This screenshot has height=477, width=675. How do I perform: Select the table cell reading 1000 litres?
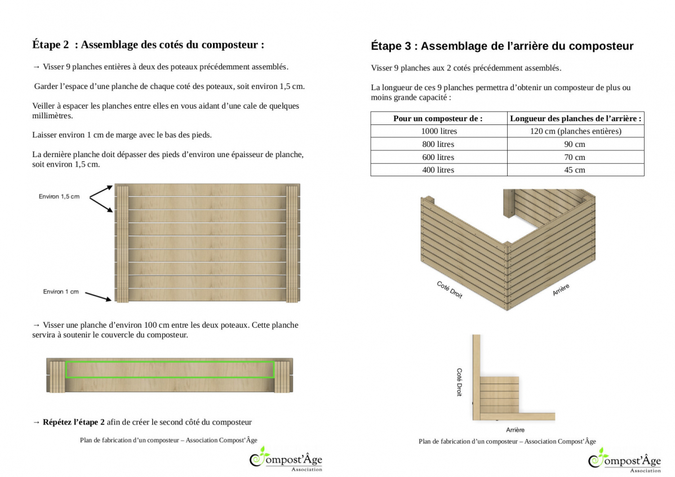point(439,131)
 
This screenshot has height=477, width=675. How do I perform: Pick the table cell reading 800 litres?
point(439,144)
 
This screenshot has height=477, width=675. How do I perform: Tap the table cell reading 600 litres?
point(439,157)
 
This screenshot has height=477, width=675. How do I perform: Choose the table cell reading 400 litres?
point(439,170)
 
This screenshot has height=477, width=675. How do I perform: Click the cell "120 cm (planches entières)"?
point(575,131)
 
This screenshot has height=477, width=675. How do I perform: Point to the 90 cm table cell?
point(575,144)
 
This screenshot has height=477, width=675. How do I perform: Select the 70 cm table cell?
point(575,157)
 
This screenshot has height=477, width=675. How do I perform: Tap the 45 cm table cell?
point(575,170)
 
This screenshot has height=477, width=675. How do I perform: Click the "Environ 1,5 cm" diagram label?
point(59,197)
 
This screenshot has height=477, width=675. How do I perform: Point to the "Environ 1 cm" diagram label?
point(61,292)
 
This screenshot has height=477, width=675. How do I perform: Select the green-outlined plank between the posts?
point(170,369)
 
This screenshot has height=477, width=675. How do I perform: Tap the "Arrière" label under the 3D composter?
point(561,290)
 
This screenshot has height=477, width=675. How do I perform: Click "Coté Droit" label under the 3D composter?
point(450,289)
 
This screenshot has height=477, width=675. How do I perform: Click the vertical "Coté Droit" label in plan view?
point(459,382)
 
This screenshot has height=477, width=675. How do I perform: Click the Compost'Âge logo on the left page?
point(286,460)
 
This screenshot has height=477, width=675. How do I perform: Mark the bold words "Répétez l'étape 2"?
point(74,422)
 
